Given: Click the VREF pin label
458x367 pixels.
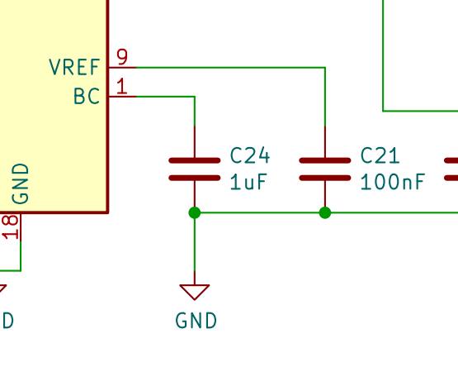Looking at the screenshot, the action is pyautogui.click(x=74, y=67).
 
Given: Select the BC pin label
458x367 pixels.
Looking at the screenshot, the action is pyautogui.click(x=87, y=96).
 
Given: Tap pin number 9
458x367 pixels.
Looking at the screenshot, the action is pyautogui.click(x=122, y=57).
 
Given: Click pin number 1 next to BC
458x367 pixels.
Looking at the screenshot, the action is pyautogui.click(x=122, y=86).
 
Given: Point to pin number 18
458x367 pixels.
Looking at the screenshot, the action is pyautogui.click(x=11, y=226).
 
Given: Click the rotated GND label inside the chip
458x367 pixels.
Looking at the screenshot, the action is pyautogui.click(x=21, y=183).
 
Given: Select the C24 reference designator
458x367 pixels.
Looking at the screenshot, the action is pyautogui.click(x=250, y=155).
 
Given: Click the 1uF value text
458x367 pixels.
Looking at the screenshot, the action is pyautogui.click(x=248, y=182).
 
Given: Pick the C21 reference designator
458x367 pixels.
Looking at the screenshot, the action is pyautogui.click(x=380, y=155).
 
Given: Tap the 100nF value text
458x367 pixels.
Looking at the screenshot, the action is pyautogui.click(x=393, y=182).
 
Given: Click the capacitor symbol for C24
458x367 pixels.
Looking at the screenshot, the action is pyautogui.click(x=195, y=169).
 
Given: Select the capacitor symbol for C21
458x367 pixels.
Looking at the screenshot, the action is pyautogui.click(x=325, y=169).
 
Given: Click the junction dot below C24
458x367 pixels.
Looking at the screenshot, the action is pyautogui.click(x=195, y=212).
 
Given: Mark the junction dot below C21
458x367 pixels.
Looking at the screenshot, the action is pyautogui.click(x=325, y=212).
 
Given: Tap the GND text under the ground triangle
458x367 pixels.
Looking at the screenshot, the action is pyautogui.click(x=196, y=321).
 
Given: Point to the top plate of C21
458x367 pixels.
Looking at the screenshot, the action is pyautogui.click(x=325, y=160).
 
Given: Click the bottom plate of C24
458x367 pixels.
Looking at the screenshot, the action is pyautogui.click(x=195, y=178).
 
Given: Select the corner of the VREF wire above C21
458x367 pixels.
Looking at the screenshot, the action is pyautogui.click(x=325, y=68).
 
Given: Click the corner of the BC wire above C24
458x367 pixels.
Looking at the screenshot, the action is pyautogui.click(x=195, y=96).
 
